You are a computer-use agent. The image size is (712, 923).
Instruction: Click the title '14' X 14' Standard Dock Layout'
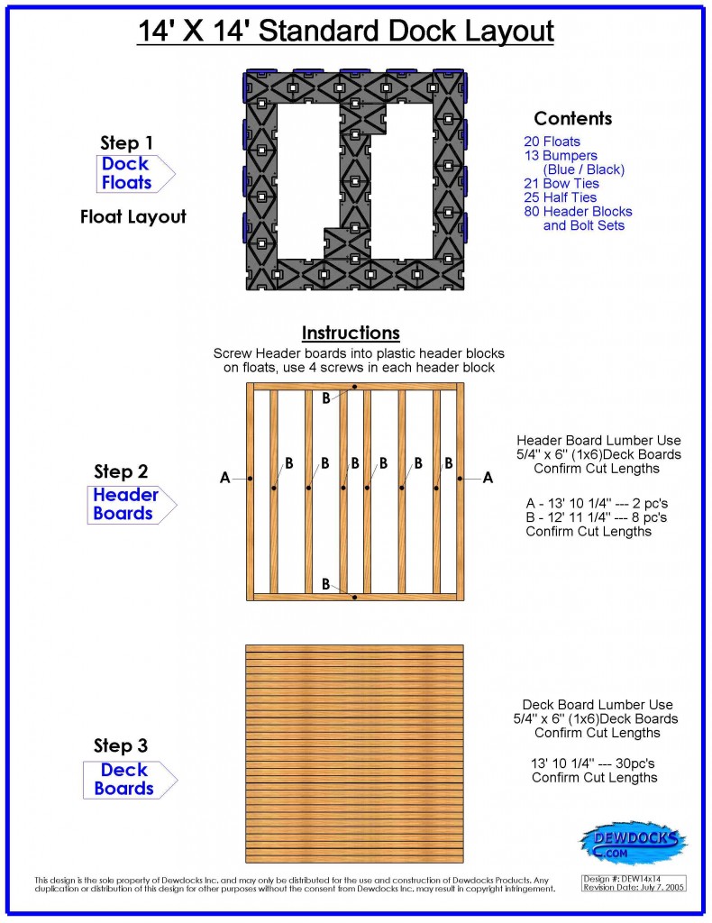(345, 32)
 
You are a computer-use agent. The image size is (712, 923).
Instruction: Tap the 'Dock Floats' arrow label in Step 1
(126, 173)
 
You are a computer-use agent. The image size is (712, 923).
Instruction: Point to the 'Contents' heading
(572, 119)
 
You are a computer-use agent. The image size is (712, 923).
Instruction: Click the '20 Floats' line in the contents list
(552, 142)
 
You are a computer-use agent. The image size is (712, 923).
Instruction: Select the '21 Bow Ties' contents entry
(561, 184)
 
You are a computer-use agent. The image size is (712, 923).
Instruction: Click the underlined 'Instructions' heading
(351, 334)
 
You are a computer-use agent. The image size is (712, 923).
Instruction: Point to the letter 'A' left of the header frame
(225, 479)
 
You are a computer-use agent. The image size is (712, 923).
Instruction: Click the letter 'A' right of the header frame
(488, 479)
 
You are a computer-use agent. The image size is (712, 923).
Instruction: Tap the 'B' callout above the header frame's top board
(326, 398)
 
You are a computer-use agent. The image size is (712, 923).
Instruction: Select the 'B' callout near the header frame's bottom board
(326, 584)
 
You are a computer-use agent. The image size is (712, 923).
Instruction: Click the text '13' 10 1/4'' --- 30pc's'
(594, 763)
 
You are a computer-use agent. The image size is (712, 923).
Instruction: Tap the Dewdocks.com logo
(632, 843)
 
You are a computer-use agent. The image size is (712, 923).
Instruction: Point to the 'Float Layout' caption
(132, 216)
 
